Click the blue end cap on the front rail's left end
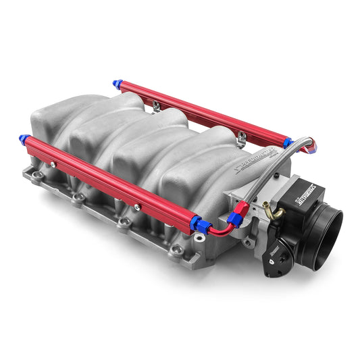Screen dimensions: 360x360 (25, 140)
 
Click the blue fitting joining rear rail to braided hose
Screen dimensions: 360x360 (288, 143)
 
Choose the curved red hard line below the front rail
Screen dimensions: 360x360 (219, 231)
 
